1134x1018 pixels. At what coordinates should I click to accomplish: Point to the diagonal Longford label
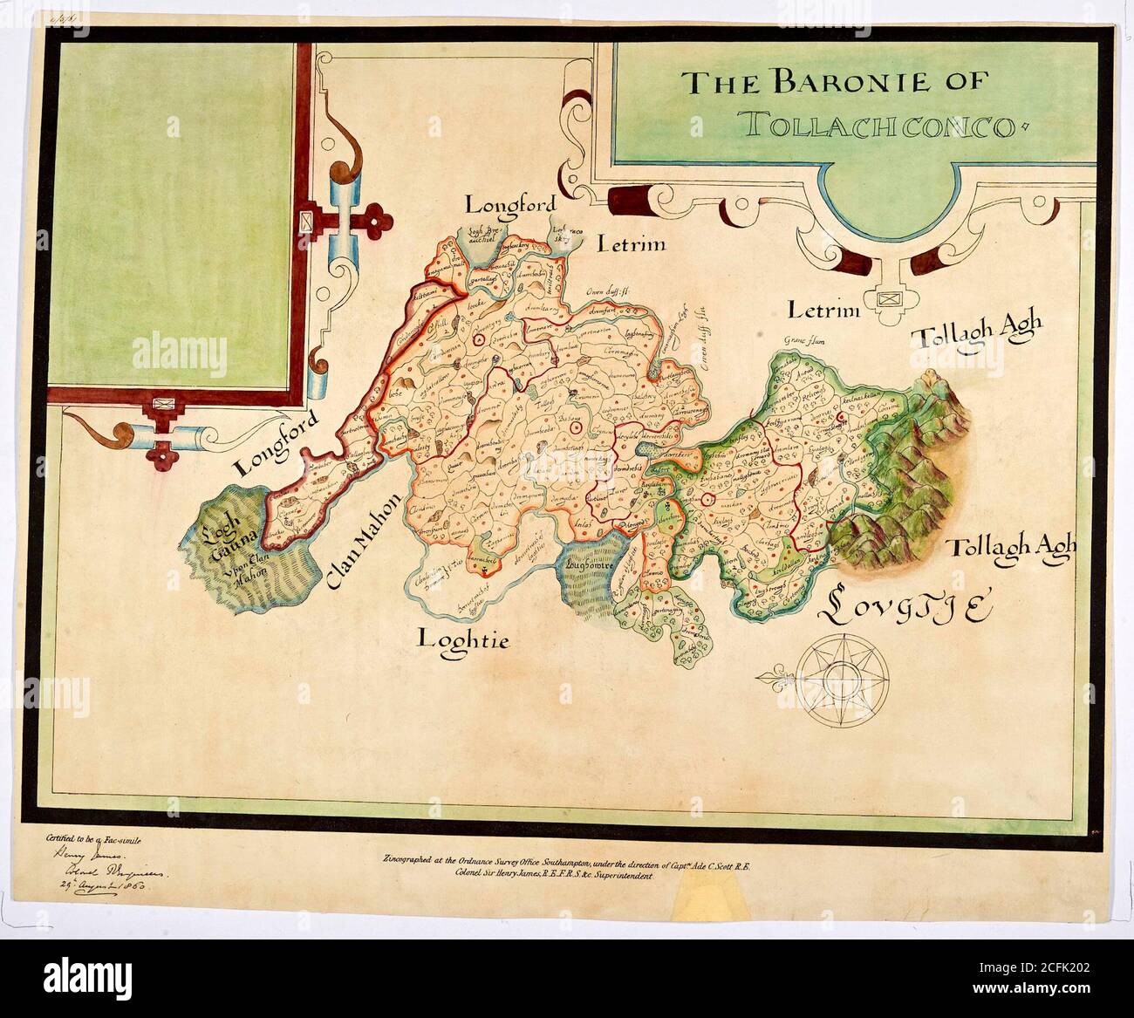tap(275, 441)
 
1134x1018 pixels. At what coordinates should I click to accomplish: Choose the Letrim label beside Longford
tap(631, 243)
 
